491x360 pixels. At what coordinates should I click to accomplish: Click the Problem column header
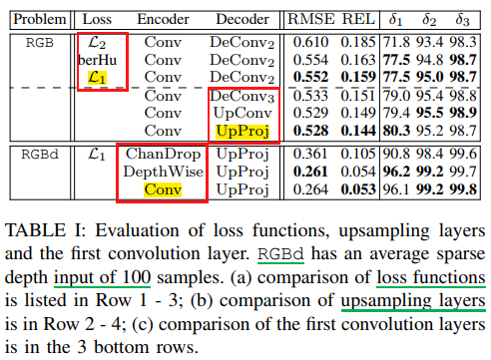[x=40, y=20]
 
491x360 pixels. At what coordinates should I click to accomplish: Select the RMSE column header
[x=311, y=19]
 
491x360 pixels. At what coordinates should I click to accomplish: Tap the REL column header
[x=358, y=19]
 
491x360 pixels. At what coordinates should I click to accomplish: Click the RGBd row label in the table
[x=40, y=155]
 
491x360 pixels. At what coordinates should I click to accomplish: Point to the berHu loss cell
[x=98, y=60]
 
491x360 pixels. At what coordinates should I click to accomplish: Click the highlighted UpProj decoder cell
[x=243, y=131]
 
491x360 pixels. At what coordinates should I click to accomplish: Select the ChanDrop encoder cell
[x=163, y=154]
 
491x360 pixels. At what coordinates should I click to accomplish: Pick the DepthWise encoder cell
[x=163, y=172]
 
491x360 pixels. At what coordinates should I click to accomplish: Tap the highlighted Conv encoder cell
[x=163, y=189]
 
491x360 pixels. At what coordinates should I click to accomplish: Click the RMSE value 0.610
[x=310, y=42]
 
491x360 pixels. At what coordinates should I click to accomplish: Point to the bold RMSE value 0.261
[x=310, y=172]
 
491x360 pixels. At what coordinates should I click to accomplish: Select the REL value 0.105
[x=358, y=154]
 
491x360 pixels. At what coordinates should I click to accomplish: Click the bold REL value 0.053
[x=358, y=189]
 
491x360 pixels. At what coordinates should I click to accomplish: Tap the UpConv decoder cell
[x=243, y=113]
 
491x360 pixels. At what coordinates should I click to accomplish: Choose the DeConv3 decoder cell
[x=243, y=97]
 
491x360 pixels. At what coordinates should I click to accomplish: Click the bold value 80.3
[x=396, y=131]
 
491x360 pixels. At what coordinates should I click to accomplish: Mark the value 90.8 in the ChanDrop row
[x=396, y=154]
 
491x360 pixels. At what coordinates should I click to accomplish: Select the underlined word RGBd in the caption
[x=281, y=254]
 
